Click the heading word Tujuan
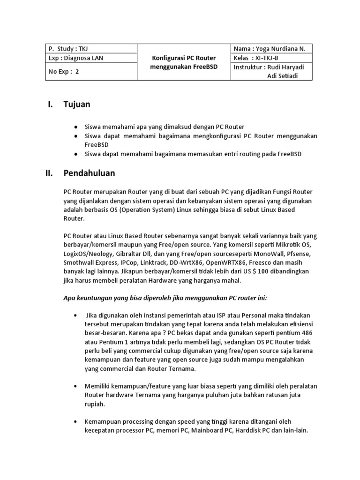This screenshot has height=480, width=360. [x=77, y=104]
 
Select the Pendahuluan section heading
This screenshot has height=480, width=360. [x=89, y=173]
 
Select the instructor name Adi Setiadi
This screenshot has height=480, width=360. [x=283, y=76]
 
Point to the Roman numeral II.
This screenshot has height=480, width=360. [x=49, y=173]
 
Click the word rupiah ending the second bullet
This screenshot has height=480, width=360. [x=95, y=404]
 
